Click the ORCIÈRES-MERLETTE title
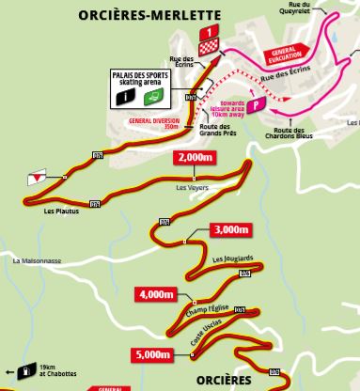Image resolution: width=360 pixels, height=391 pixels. pyautogui.click(x=150, y=15)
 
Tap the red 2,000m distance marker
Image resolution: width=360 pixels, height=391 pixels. pyautogui.click(x=195, y=158)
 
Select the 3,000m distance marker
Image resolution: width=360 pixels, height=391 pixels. pyautogui.click(x=229, y=229)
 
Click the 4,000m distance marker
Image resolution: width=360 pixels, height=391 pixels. pyautogui.click(x=156, y=294)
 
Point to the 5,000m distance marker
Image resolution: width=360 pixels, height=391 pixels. pyautogui.click(x=151, y=354)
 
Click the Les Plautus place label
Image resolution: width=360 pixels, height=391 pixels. pyautogui.click(x=59, y=211)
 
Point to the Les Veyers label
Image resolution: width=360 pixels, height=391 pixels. pyautogui.click(x=192, y=186)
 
